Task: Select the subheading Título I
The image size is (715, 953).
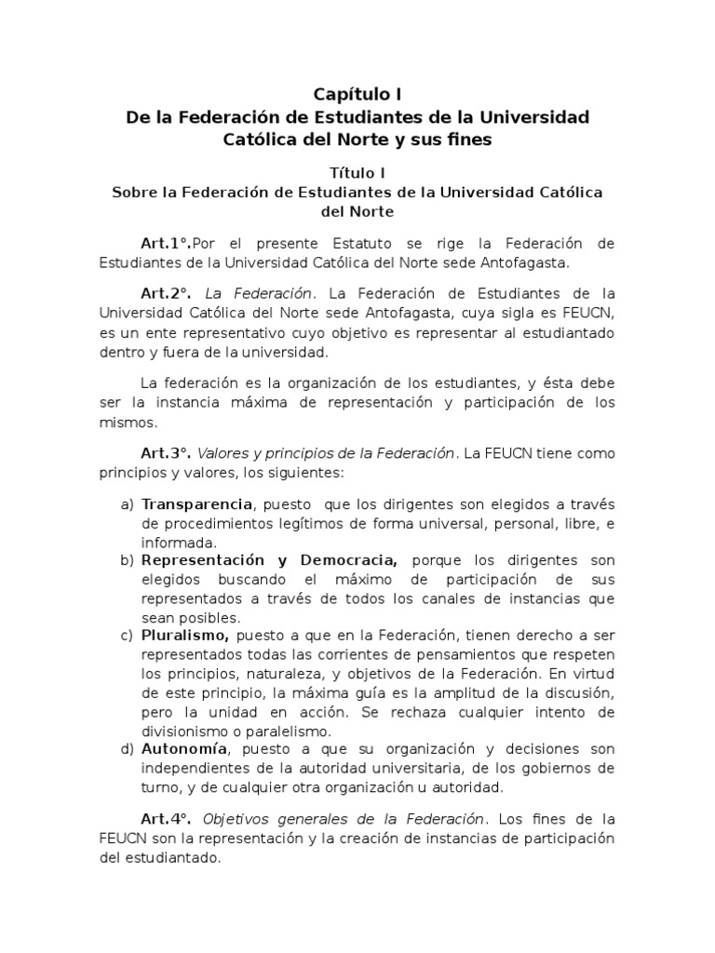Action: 357,172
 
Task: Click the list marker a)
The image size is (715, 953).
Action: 128,504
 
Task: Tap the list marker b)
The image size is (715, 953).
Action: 128,560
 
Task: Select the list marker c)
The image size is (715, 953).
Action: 128,636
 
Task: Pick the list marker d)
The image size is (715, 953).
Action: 128,748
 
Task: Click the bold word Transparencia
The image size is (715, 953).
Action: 197,504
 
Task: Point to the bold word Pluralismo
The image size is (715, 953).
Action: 185,636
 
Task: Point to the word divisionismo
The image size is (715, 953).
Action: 184,731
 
